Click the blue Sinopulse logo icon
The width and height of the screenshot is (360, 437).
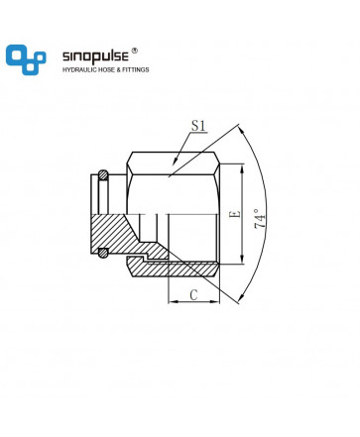26,59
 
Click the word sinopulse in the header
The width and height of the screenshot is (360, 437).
95,55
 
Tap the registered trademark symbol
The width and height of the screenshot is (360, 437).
134,51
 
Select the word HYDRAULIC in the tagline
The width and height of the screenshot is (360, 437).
79,70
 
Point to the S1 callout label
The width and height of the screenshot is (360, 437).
198,126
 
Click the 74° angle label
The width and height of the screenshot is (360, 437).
260,218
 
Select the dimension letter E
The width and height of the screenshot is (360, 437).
235,214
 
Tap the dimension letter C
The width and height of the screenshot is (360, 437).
193,294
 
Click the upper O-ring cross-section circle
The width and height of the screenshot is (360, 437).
103,175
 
